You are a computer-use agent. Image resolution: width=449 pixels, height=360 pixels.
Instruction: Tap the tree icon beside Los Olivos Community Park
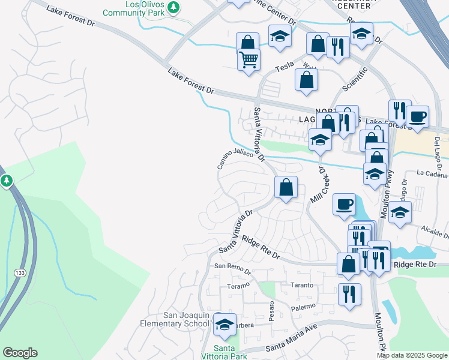click(x=173, y=7)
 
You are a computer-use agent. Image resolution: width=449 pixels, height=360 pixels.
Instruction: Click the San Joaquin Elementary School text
click(x=187, y=320)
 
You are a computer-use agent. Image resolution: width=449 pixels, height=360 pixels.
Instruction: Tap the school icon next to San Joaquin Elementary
click(x=224, y=325)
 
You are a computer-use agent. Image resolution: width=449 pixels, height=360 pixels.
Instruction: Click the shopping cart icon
click(x=249, y=59)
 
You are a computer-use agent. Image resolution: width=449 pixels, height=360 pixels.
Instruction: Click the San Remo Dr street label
click(x=232, y=268)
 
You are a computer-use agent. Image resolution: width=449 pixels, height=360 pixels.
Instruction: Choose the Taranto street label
click(x=302, y=285)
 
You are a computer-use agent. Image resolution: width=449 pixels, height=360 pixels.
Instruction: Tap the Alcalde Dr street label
click(x=435, y=231)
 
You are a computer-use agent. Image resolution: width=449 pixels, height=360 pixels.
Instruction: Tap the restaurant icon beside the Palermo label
click(x=349, y=295)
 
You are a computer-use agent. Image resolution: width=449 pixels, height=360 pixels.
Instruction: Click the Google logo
click(x=20, y=353)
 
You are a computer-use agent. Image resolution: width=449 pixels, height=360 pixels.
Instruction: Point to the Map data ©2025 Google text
click(x=412, y=355)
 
